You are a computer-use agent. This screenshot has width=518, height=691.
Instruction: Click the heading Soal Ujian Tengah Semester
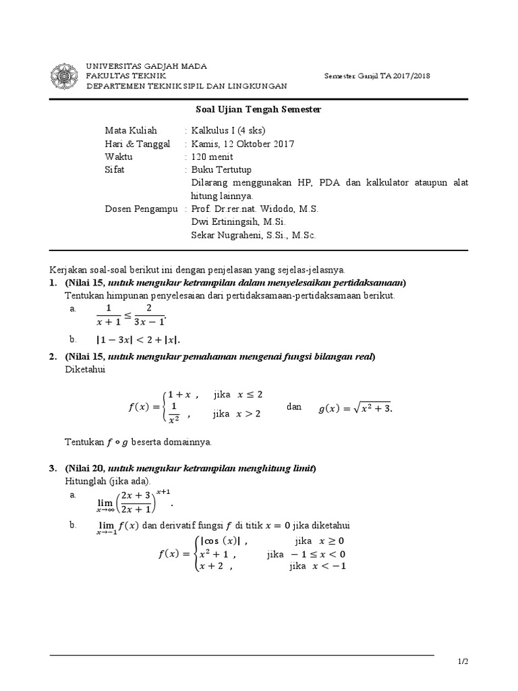click(x=258, y=109)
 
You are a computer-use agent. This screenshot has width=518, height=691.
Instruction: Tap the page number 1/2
click(x=462, y=663)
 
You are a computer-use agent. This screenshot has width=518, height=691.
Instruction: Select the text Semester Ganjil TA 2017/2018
click(x=377, y=76)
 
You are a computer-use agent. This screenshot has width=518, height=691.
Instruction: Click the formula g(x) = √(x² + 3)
click(x=355, y=408)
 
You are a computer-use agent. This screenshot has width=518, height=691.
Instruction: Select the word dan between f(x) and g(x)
click(x=294, y=407)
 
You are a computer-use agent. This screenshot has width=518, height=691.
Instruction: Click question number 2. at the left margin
click(x=53, y=356)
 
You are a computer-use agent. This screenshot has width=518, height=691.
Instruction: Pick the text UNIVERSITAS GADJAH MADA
click(x=146, y=66)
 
